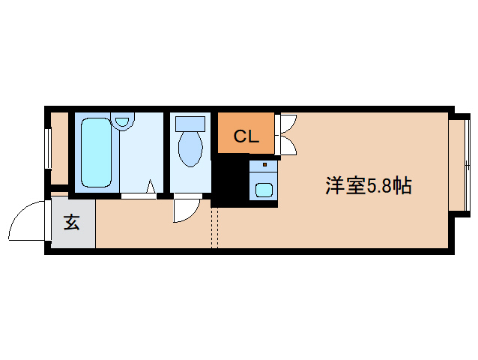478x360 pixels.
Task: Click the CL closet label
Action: tap(246, 136)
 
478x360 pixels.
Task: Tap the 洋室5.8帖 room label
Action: tap(369, 185)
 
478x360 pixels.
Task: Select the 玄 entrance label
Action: tap(72, 222)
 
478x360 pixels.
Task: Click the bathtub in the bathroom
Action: tap(96, 152)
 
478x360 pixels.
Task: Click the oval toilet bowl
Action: tap(190, 149)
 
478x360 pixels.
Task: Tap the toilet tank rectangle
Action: tap(190, 124)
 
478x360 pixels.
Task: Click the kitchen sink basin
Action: tap(264, 190)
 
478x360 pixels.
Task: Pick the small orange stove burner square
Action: tap(264, 165)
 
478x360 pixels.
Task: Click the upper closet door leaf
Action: tap(288, 124)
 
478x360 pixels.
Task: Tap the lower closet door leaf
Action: tap(288, 145)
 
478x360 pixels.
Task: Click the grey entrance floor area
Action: tap(73, 222)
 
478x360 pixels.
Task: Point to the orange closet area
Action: tap(246, 133)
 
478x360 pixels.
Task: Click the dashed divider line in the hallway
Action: tap(214, 227)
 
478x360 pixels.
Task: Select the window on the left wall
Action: tap(48, 148)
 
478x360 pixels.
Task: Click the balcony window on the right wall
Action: tap(467, 165)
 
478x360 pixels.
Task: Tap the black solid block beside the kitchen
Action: tap(230, 181)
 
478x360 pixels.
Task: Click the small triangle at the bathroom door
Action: tap(151, 187)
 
